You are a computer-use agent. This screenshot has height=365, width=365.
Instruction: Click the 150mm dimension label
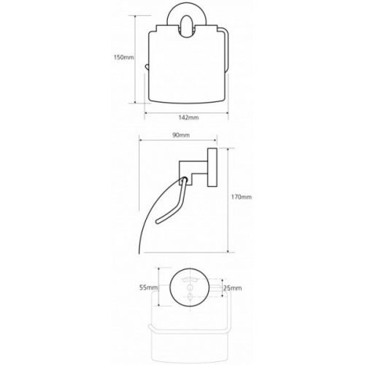124,58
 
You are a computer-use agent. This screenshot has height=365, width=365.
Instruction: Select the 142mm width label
188,118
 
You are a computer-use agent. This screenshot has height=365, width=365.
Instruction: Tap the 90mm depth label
181,135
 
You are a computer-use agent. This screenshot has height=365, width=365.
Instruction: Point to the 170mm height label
242,197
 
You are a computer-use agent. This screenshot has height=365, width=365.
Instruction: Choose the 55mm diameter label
148,288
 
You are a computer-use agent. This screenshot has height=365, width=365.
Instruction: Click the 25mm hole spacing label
233,288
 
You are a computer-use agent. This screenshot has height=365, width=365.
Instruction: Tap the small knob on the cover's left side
147,67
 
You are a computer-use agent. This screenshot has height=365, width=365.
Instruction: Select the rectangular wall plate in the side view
212,167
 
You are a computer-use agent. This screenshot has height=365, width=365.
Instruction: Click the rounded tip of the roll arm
158,221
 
